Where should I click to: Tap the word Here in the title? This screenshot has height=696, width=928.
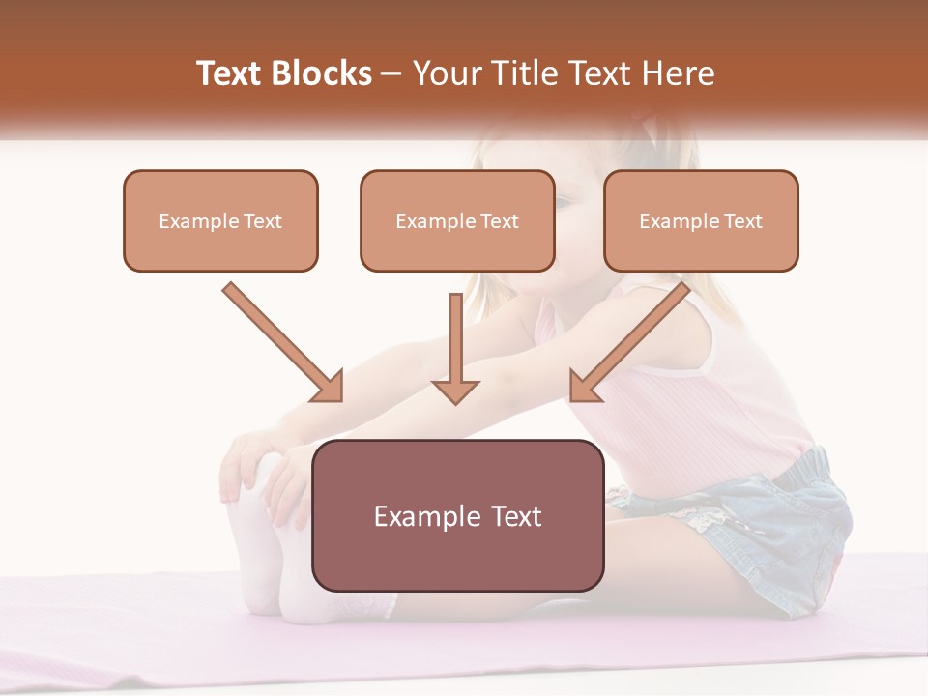(x=681, y=73)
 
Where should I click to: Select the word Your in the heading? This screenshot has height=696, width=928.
(x=446, y=73)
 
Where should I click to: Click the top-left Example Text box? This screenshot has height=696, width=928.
(x=220, y=221)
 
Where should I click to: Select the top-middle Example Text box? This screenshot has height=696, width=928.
(x=457, y=221)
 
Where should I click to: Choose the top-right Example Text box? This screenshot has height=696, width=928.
(x=701, y=221)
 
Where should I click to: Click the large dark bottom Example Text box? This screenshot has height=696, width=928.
(x=457, y=516)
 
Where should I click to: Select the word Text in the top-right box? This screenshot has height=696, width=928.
(x=742, y=221)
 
